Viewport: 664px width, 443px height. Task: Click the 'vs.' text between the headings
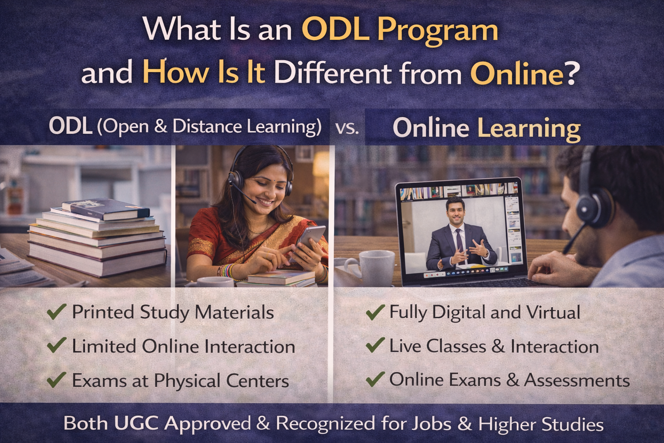point(347,128)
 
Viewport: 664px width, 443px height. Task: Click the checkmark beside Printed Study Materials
point(56,311)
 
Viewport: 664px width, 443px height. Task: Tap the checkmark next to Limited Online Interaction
point(56,345)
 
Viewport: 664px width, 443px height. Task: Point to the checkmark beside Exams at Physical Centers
point(56,379)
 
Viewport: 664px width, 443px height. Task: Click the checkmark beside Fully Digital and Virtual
point(375,311)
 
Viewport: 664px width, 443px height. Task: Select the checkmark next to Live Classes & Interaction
point(375,345)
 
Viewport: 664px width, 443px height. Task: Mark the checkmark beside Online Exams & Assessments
point(375,379)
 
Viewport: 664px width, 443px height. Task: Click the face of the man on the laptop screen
point(454,210)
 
